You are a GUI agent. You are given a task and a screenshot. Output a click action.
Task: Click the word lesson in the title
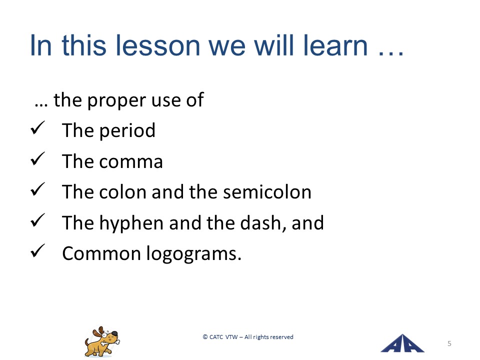158,45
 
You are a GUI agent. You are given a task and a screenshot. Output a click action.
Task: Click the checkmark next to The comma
37,158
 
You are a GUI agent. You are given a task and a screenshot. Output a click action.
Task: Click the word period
127,131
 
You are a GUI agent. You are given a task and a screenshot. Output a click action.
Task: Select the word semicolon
267,192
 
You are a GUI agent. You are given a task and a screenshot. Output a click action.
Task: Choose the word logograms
194,254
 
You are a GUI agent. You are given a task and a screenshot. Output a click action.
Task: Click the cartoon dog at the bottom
102,341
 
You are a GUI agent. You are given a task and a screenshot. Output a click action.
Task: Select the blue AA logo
402,343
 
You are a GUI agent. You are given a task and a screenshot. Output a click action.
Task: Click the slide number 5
449,343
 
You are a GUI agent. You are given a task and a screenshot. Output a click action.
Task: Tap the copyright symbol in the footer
205,337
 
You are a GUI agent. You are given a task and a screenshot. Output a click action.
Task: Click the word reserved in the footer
281,337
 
